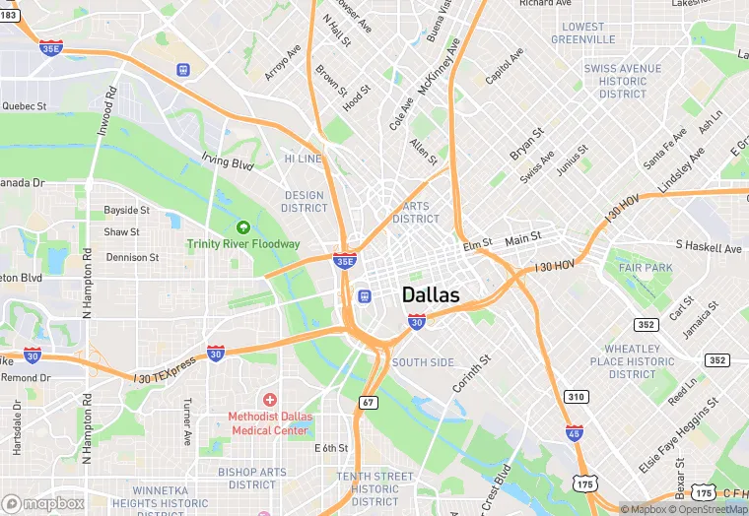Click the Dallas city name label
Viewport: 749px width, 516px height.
pos(431,295)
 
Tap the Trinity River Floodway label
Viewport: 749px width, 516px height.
pos(243,243)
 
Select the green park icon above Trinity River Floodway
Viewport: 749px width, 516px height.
pos(243,228)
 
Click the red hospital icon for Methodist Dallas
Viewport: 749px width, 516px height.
pos(269,399)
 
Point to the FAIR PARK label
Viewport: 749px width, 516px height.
pos(646,268)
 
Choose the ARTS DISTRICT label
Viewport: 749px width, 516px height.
pos(416,212)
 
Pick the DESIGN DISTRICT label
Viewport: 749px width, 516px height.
pos(304,201)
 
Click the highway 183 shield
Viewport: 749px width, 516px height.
pos(8,15)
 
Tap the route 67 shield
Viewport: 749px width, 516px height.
pos(368,402)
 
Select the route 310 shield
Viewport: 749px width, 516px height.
pos(577,397)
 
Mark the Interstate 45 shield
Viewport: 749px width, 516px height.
pos(575,431)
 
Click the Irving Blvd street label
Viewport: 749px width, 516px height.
pos(228,161)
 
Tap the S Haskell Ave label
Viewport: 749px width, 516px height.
pos(708,247)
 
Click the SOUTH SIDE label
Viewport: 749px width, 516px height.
pos(423,362)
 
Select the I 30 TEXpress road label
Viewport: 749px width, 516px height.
pos(166,366)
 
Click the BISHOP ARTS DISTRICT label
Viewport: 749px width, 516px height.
pos(252,479)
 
